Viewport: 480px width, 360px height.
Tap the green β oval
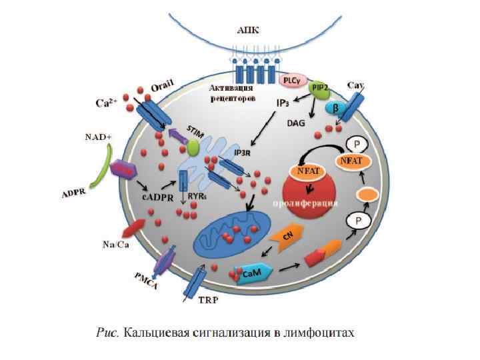(337, 106)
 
